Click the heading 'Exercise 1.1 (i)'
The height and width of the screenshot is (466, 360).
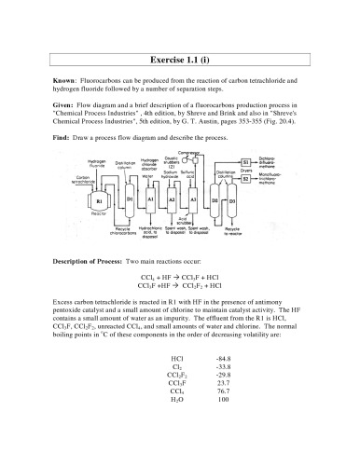tap(179, 54)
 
